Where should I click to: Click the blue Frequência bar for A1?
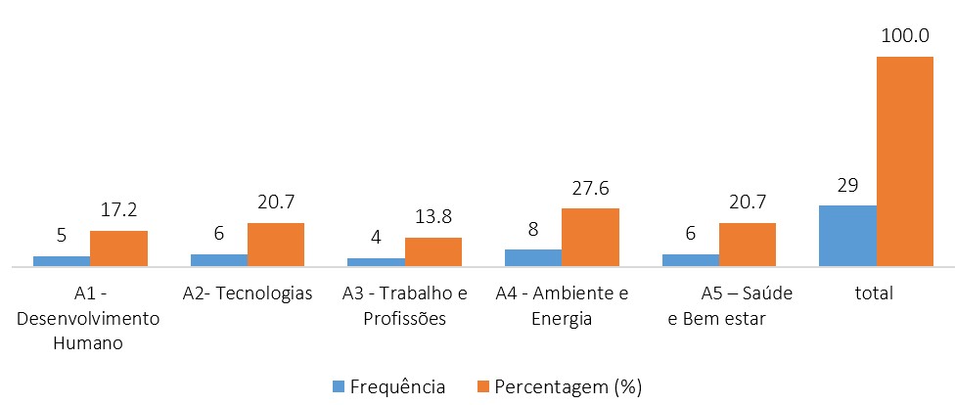pos(61,261)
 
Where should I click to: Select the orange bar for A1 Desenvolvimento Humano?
pos(118,248)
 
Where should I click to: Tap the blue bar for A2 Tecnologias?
pos(218,260)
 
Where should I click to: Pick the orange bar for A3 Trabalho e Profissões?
pos(433,251)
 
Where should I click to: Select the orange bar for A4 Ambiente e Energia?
pos(590,237)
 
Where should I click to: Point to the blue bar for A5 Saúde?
pos(690,260)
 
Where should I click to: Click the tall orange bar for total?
pos(904,161)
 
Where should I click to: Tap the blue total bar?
pos(847,236)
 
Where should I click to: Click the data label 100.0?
pos(904,36)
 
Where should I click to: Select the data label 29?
pos(847,185)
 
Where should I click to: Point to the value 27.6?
pos(590,188)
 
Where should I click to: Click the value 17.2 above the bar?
pos(118,210)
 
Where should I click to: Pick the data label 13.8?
pos(433,217)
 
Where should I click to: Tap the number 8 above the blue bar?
pos(533,229)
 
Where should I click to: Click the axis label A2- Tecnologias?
pos(248,293)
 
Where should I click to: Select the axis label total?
pos(873,293)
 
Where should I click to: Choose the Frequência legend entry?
pos(390,385)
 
